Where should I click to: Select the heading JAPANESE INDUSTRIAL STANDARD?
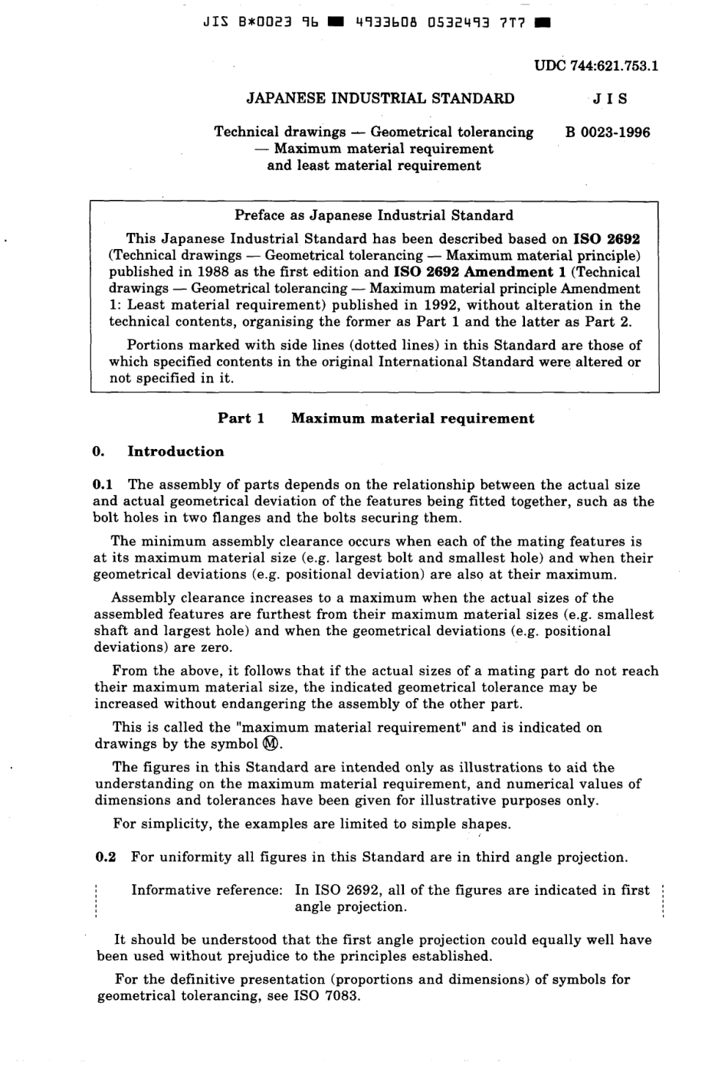tap(379, 98)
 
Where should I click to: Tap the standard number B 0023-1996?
tap(607, 132)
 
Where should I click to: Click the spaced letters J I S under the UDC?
tap(608, 98)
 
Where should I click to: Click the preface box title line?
tap(374, 215)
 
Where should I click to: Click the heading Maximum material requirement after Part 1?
tap(412, 418)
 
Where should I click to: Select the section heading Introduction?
tap(175, 451)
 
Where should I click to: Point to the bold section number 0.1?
tap(103, 484)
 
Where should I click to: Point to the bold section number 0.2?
tap(105, 857)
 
